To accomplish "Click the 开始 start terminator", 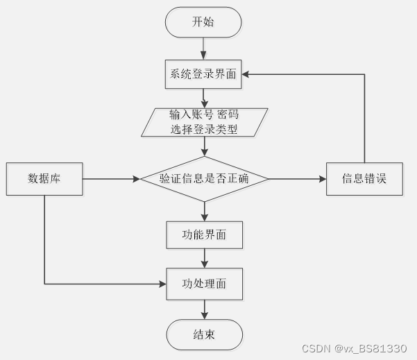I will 203,22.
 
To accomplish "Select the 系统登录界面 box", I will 204,74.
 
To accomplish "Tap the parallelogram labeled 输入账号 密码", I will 204,121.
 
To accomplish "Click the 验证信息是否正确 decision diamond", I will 204,179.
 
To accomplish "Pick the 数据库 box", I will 44,179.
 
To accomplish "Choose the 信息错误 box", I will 364,179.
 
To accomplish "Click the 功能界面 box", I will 204,235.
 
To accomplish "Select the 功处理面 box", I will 204,284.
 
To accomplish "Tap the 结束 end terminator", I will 204,335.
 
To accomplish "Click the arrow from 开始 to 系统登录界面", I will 204,48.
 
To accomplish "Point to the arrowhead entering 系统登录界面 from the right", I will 246,74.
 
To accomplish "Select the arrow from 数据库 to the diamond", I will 111,179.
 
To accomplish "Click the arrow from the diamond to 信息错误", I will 297,179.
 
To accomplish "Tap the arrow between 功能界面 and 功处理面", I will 204,258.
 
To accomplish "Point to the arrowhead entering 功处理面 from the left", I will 162,284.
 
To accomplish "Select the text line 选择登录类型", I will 204,128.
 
